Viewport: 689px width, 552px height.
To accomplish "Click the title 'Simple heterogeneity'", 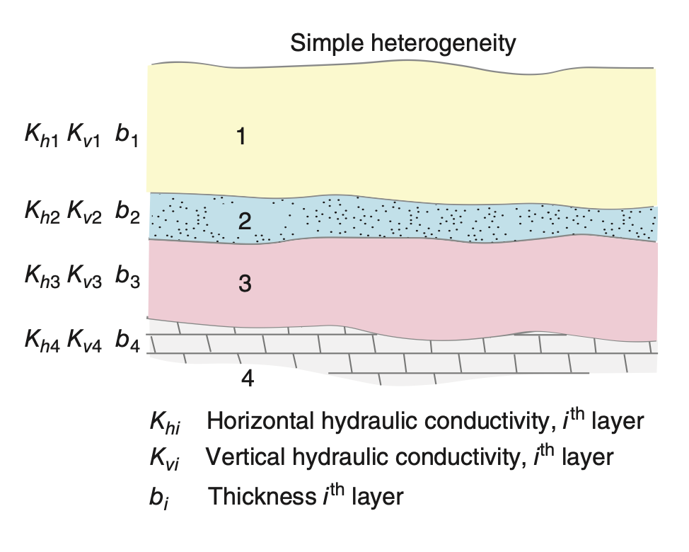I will pos(403,45).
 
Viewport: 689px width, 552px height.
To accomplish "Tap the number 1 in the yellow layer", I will pos(241,136).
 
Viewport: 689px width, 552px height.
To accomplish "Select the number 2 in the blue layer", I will pos(245,222).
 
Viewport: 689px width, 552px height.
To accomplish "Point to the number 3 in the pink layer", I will pos(245,284).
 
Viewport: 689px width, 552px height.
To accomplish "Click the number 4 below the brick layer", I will pos(248,379).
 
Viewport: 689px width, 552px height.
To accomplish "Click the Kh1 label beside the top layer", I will pos(41,137).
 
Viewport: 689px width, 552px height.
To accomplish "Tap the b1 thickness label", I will pos(127,137).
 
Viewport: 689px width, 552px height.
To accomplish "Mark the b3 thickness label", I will pos(127,277).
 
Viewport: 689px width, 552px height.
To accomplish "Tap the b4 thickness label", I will pos(128,339).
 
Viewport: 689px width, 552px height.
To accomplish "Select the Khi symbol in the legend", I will pos(165,423).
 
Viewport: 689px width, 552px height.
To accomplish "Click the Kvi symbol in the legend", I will pos(164,457).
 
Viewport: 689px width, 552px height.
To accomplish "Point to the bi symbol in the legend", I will pos(159,495).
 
